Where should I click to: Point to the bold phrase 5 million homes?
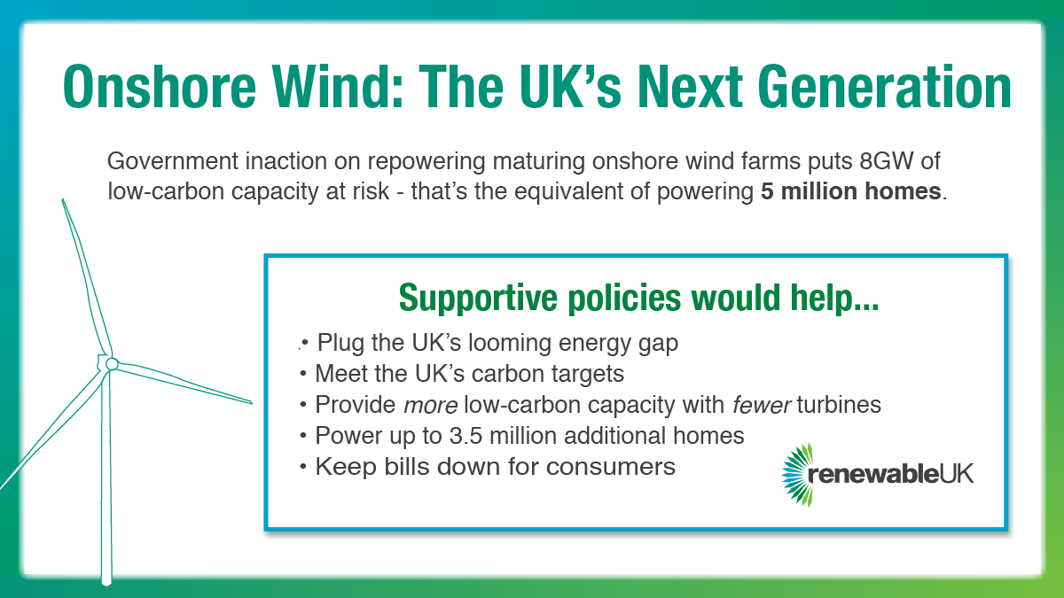[x=851, y=191]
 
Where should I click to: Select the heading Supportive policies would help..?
[x=638, y=298]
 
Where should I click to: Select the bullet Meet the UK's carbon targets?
[x=469, y=374]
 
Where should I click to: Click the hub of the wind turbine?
[x=112, y=363]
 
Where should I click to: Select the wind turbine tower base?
[x=107, y=576]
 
